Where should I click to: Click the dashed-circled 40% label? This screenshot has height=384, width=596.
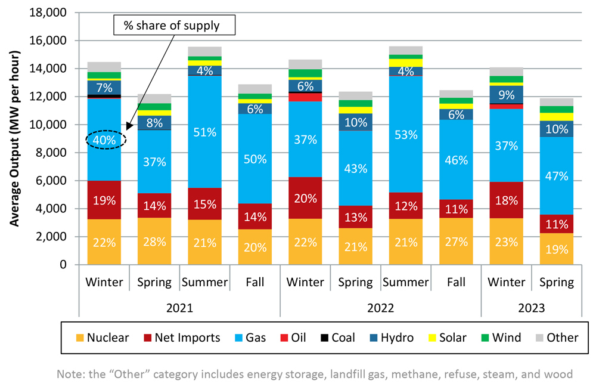click(x=105, y=140)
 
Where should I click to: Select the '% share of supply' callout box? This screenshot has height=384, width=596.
click(x=175, y=25)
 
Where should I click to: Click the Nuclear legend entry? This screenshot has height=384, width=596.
click(x=101, y=337)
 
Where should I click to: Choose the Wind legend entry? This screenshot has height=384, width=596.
click(x=498, y=337)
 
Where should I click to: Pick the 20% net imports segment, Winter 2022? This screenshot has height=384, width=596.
click(x=305, y=199)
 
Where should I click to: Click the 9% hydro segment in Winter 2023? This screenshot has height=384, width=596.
click(x=506, y=94)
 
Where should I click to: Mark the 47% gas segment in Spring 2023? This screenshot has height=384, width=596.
click(x=556, y=176)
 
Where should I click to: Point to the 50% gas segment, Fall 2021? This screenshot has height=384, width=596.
click(x=255, y=159)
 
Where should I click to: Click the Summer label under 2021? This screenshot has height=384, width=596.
click(x=204, y=282)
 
